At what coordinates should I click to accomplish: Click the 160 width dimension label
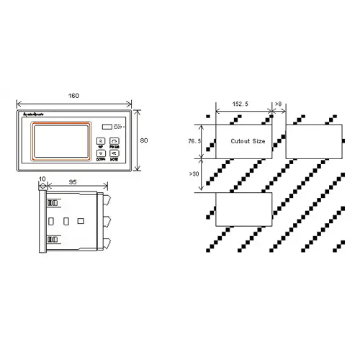(x=73, y=96)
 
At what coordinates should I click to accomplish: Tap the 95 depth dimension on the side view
(x=73, y=183)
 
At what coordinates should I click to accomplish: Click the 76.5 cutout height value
(x=193, y=141)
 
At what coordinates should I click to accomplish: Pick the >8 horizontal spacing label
(x=279, y=105)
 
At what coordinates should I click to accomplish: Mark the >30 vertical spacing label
(x=193, y=174)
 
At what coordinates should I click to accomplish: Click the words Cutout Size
(x=247, y=141)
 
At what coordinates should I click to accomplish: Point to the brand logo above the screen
(x=34, y=115)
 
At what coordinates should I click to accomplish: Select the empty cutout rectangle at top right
(x=314, y=140)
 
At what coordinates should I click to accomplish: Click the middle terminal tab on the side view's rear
(x=107, y=220)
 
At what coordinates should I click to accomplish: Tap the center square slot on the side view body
(x=66, y=220)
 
